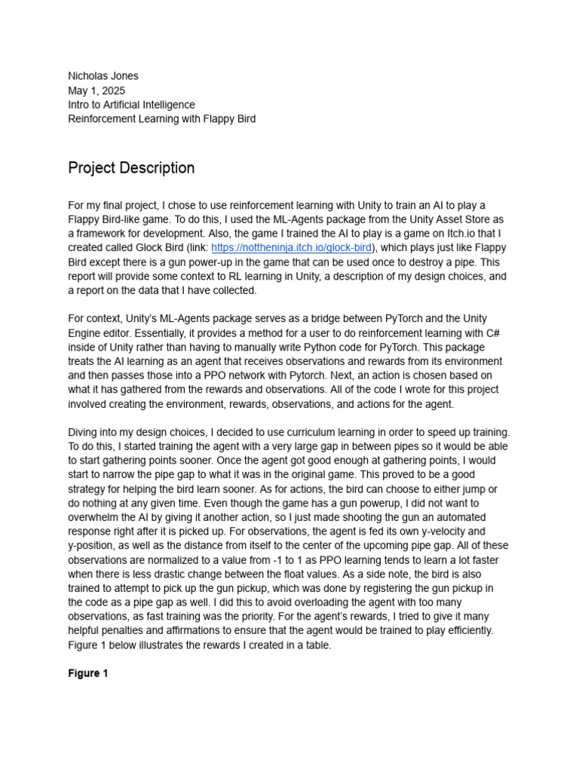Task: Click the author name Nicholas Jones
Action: point(103,75)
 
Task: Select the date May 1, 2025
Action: point(96,90)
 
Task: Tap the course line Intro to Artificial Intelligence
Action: point(131,104)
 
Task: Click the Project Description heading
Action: point(131,167)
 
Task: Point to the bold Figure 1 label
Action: point(88,673)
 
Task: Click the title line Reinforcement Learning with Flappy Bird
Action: point(161,118)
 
